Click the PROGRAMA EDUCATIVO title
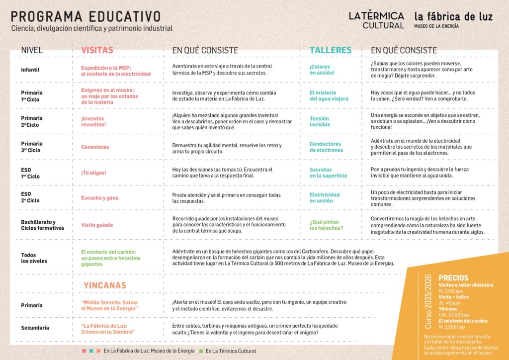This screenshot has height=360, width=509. [86, 16]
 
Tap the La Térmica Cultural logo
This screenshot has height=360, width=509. [376, 20]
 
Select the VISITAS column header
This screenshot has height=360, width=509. [97, 50]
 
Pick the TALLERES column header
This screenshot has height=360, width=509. [331, 50]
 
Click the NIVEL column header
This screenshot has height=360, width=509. [32, 50]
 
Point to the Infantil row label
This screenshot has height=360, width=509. [30, 70]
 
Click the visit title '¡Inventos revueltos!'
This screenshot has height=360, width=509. [93, 121]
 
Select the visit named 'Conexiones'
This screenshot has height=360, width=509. [95, 147]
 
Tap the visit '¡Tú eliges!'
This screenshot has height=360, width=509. [94, 173]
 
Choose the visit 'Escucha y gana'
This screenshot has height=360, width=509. [100, 198]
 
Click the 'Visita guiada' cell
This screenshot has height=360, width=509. [97, 225]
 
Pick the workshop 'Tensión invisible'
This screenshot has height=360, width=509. [320, 121]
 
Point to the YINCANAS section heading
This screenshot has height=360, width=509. [105, 285]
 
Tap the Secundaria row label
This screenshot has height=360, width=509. [35, 328]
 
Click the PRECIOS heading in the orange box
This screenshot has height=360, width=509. [453, 278]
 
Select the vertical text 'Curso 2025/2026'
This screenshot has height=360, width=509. [429, 301]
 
